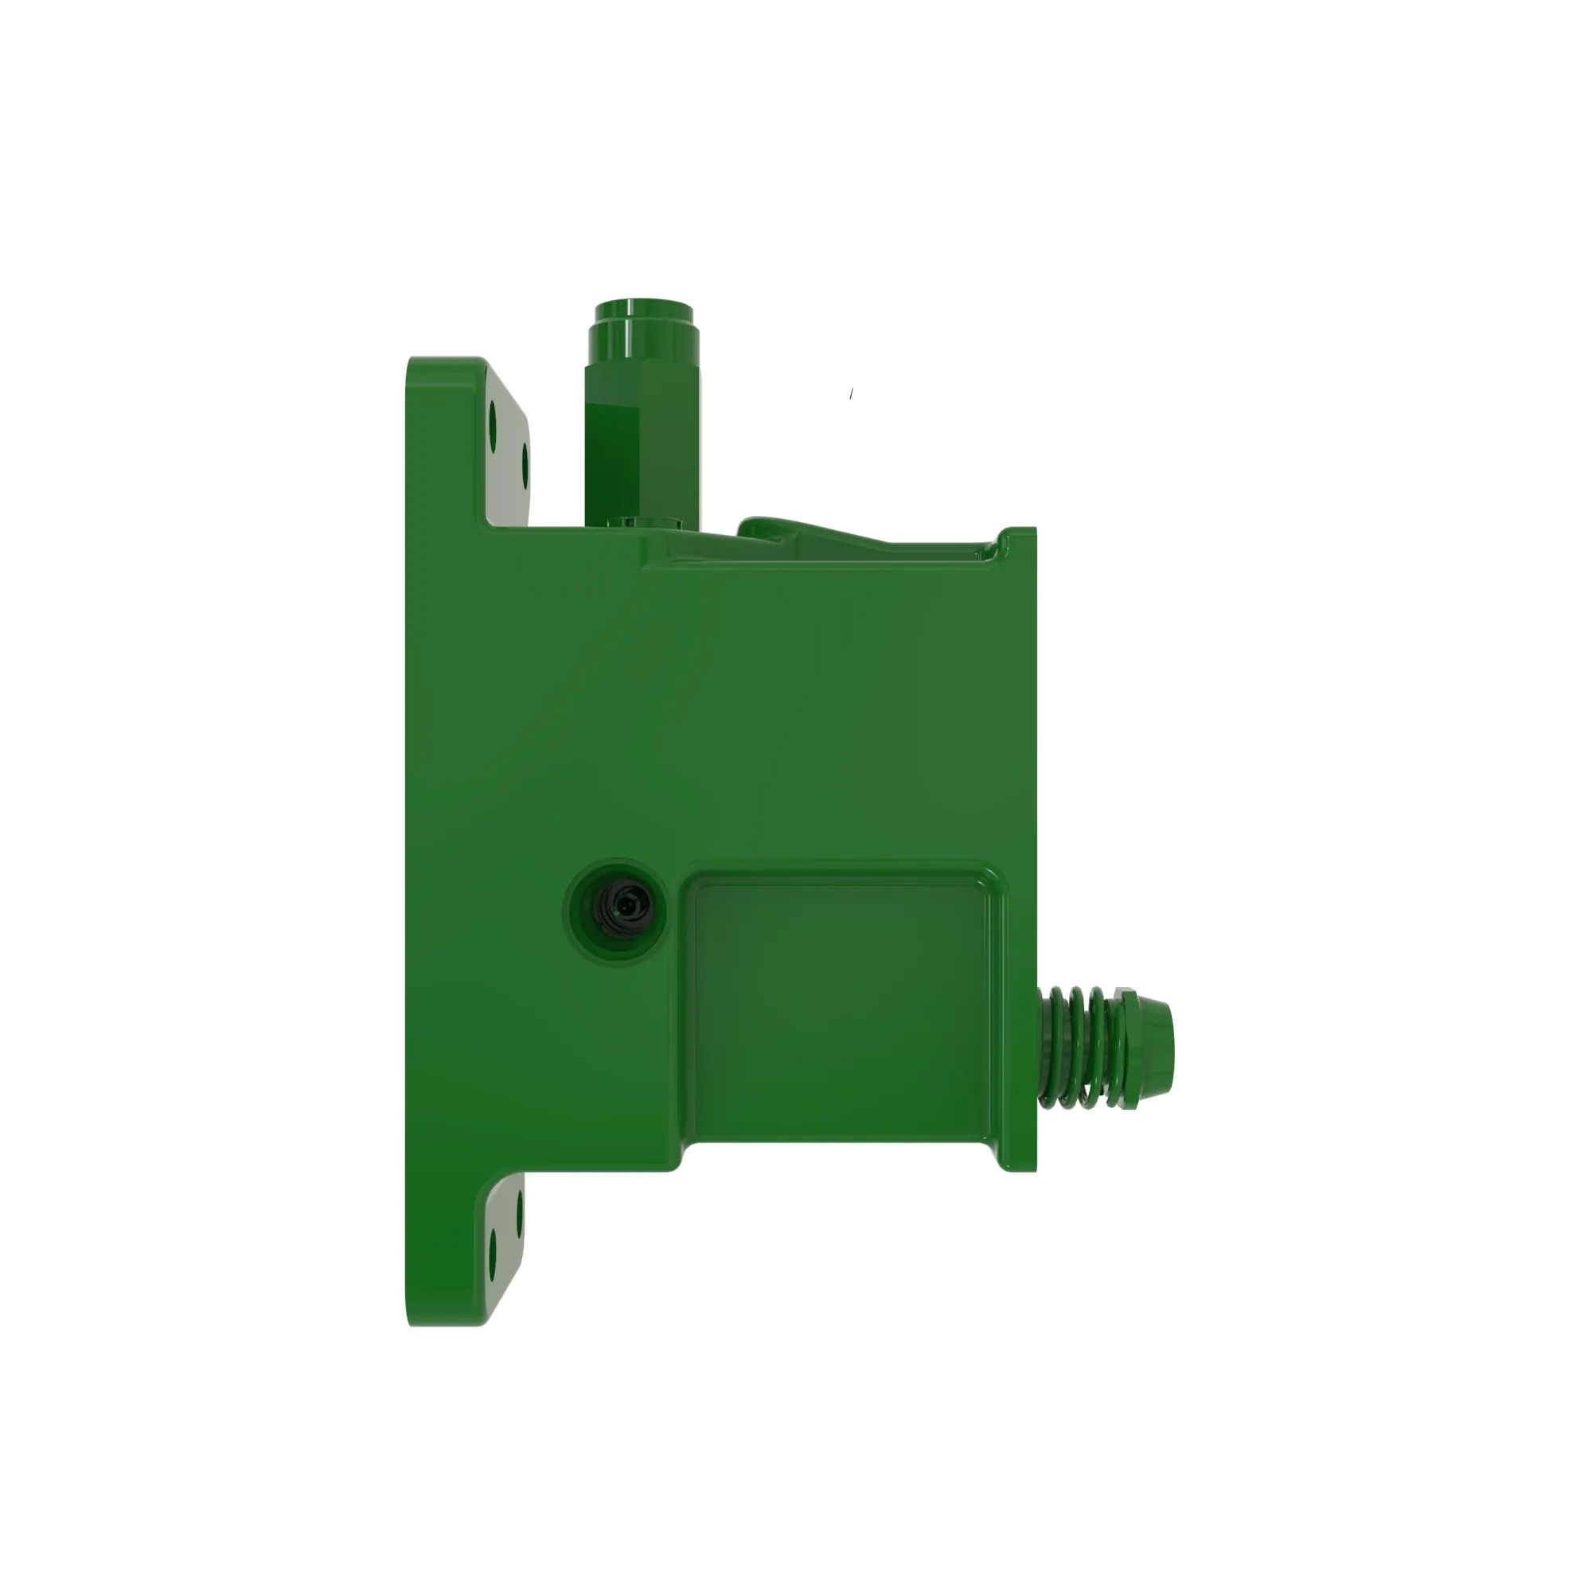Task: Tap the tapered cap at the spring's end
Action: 1153,1048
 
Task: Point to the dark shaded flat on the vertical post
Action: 611,453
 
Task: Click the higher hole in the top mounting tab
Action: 494,422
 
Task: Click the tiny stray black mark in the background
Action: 851,394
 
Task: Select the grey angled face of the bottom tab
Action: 505,1236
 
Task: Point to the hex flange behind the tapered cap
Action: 1126,1047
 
